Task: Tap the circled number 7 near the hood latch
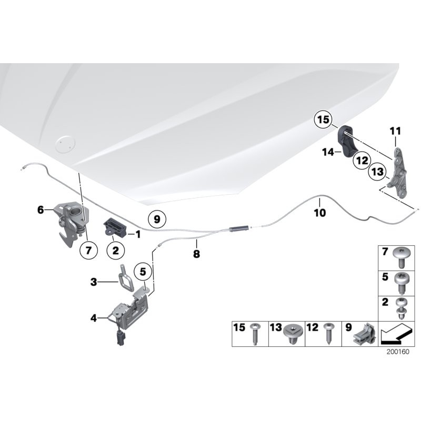coord(88,250)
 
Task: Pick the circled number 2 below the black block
coord(115,250)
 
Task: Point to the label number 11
coord(395,130)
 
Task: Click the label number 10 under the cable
coord(320,213)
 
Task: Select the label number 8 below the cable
coord(196,254)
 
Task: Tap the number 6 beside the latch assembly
coord(41,209)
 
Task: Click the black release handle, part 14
coord(349,141)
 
